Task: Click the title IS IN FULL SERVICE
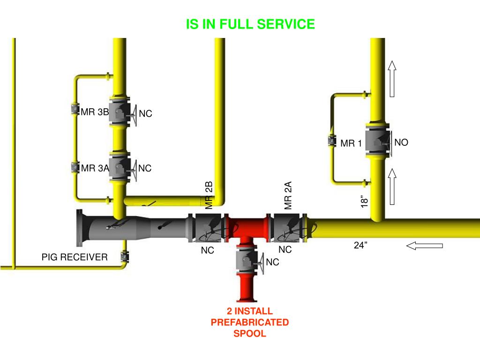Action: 250,24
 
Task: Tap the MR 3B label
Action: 95,112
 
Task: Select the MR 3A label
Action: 95,168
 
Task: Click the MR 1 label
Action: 351,143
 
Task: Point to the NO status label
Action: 401,142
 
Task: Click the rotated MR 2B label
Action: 209,195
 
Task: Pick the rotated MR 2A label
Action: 288,195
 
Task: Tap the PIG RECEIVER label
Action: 75,257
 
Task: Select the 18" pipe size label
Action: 365,201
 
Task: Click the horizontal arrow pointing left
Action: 424,245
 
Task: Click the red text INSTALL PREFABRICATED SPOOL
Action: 250,322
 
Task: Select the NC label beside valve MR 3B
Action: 145,114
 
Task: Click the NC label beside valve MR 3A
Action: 145,168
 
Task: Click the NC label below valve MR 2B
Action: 207,251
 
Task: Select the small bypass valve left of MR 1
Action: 331,140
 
